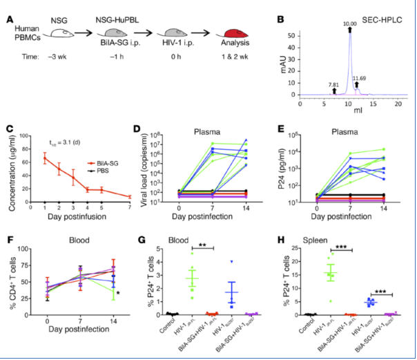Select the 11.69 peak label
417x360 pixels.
360,78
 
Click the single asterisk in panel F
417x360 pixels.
119,293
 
